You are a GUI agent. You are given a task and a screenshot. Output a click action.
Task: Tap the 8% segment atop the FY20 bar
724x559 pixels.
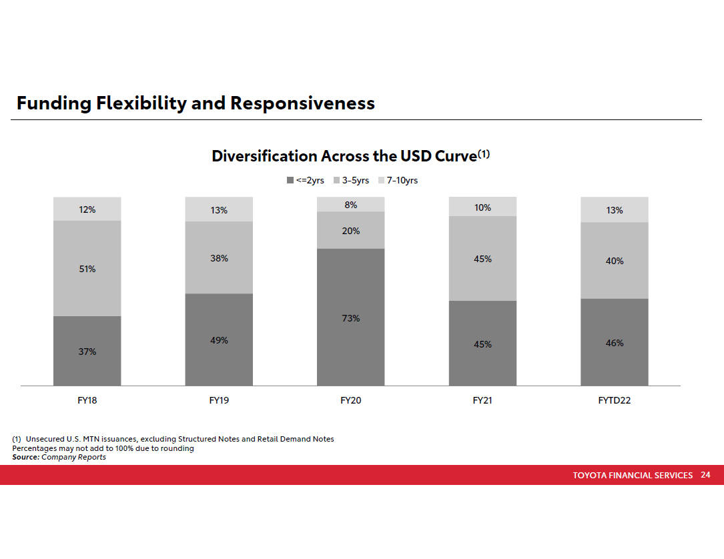350,205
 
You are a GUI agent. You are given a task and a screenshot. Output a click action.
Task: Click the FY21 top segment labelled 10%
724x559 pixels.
482,207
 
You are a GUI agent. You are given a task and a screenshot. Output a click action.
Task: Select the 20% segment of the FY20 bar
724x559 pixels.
350,231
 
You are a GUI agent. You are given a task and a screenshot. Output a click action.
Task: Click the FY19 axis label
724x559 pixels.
219,401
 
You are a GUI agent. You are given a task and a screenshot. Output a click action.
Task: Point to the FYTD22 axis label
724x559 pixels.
615,401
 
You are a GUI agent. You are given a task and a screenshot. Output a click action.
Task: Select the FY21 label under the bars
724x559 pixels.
482,401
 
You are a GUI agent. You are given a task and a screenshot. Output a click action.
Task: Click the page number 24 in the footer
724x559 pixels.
705,475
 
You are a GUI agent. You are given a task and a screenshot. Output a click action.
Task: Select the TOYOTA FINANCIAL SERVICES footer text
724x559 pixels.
633,476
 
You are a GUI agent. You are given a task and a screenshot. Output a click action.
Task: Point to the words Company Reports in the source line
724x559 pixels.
73,457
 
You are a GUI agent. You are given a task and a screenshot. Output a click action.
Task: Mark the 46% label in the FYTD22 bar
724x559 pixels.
615,343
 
